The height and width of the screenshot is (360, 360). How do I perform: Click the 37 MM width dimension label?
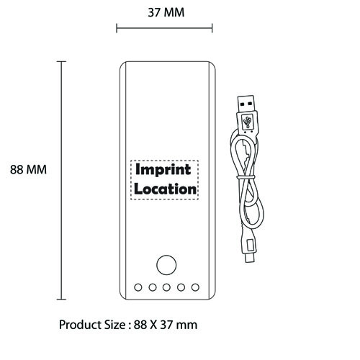click(166, 12)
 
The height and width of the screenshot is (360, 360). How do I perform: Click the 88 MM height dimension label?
click(28, 170)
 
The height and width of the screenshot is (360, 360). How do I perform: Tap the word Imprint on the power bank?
click(163, 170)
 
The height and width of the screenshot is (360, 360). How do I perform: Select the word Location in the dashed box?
click(165, 189)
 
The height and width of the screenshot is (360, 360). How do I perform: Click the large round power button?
click(166, 265)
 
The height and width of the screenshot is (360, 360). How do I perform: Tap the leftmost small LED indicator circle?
click(138, 287)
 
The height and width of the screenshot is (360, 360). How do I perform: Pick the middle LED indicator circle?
click(166, 287)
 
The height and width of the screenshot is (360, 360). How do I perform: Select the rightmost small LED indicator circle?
click(195, 287)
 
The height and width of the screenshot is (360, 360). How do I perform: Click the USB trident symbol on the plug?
click(248, 122)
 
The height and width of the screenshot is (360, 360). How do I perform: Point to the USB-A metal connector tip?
click(246, 104)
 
